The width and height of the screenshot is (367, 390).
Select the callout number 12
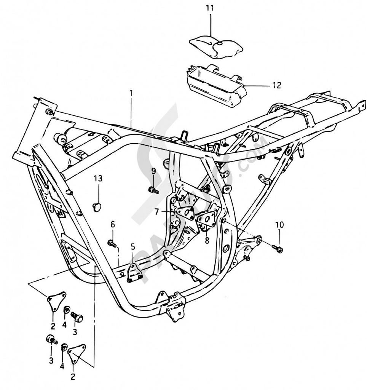276,85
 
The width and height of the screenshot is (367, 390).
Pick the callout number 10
279,225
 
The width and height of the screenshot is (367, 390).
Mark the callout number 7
157,211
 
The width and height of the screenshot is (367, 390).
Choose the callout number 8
207,240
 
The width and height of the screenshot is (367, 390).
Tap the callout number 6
112,224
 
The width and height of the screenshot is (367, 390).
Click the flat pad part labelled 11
216,47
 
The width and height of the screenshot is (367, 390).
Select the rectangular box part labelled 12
215,86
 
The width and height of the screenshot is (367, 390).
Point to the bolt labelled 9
153,189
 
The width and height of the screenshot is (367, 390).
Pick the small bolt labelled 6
112,243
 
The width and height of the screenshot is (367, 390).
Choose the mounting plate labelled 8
206,220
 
